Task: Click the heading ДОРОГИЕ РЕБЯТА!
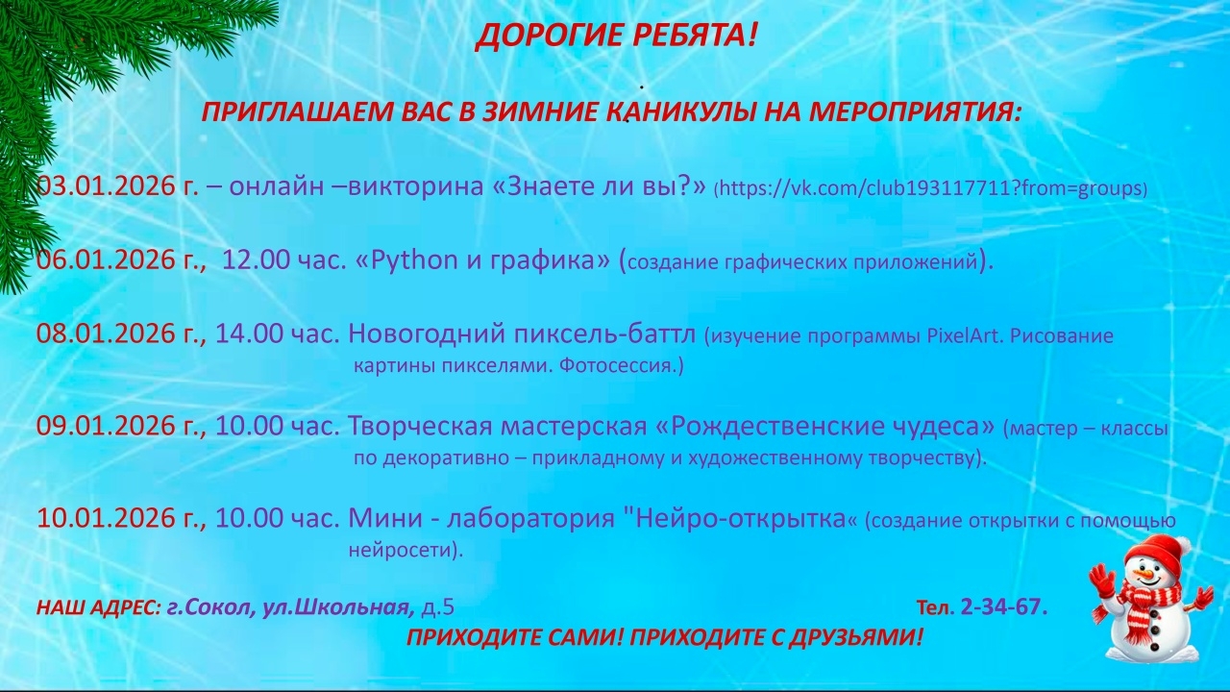point(616,36)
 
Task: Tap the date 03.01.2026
point(106,186)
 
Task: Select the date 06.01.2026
point(106,259)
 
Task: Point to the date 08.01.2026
point(106,334)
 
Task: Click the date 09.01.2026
point(106,426)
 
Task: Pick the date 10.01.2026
point(106,518)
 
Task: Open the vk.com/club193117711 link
point(930,188)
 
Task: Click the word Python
point(414,259)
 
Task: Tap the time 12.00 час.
point(283,259)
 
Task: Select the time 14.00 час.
point(278,334)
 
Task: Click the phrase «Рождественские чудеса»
point(825,426)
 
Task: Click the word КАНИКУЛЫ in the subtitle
point(677,112)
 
